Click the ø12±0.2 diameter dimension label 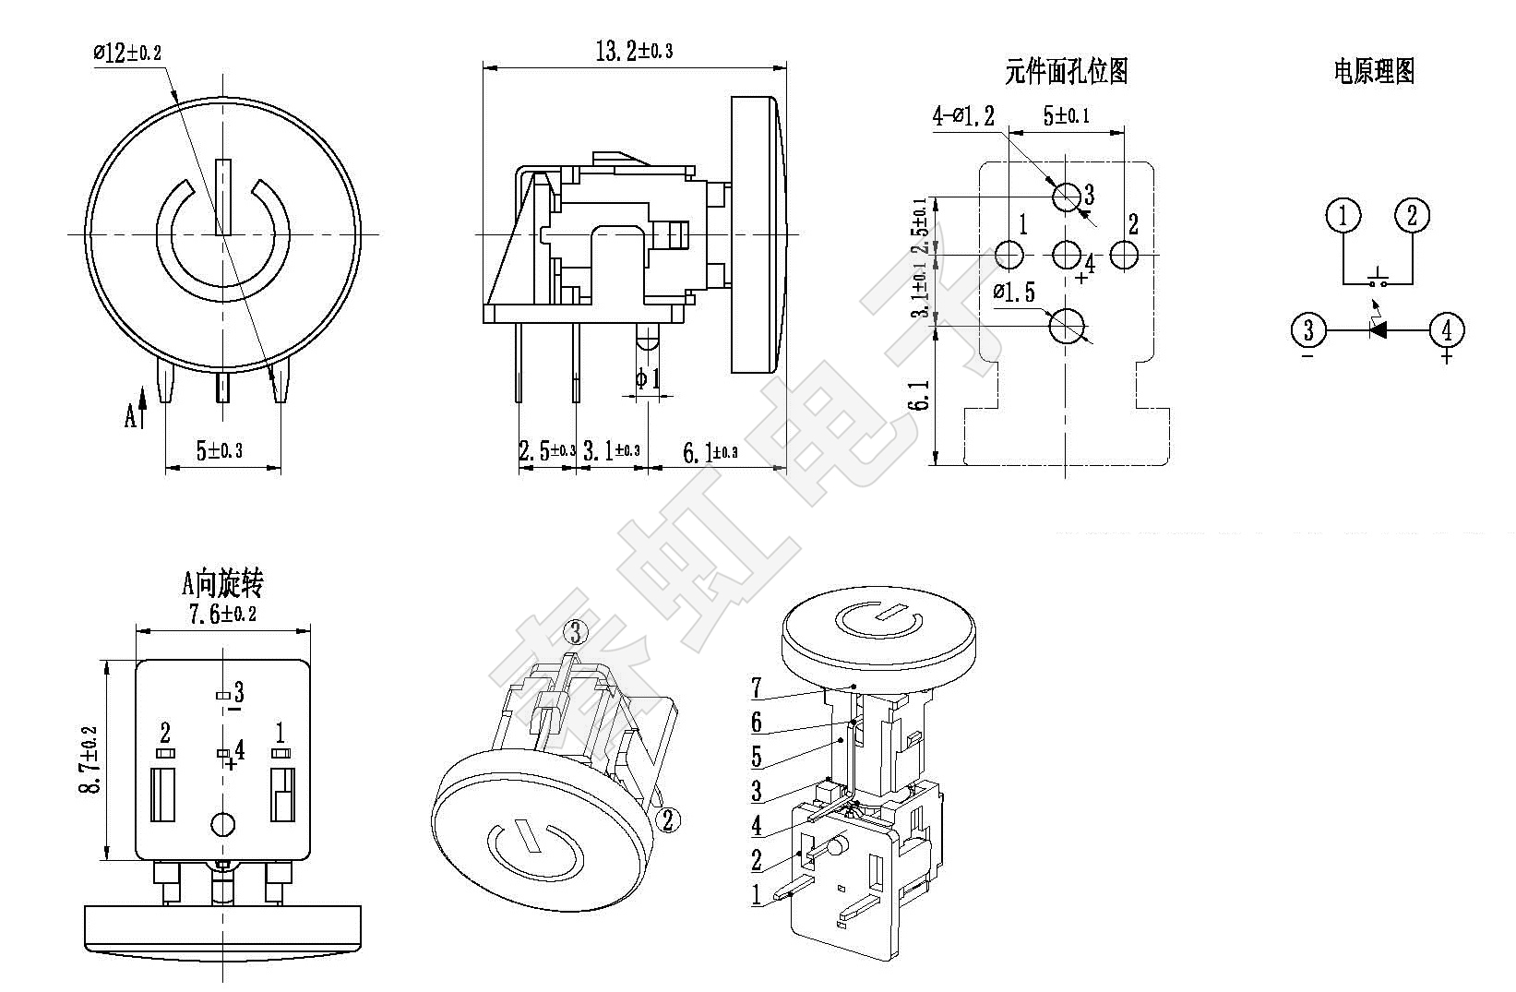[x=127, y=53]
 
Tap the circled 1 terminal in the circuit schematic [x=1343, y=216]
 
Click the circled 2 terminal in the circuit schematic [x=1412, y=216]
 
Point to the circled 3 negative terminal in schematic [x=1307, y=329]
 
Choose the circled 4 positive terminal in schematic [x=1446, y=329]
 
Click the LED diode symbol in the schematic [x=1378, y=329]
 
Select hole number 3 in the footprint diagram [x=1068, y=196]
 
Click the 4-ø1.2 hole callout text [x=963, y=116]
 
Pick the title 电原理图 [x=1373, y=71]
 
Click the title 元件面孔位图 [x=1066, y=71]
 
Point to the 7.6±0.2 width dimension [x=222, y=614]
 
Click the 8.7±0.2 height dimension [x=90, y=759]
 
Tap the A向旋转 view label [x=222, y=583]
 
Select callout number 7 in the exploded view [x=757, y=687]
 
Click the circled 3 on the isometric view [x=576, y=632]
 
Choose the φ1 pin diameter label [x=648, y=378]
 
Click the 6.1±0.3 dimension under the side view [x=710, y=452]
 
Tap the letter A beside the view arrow [x=131, y=417]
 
